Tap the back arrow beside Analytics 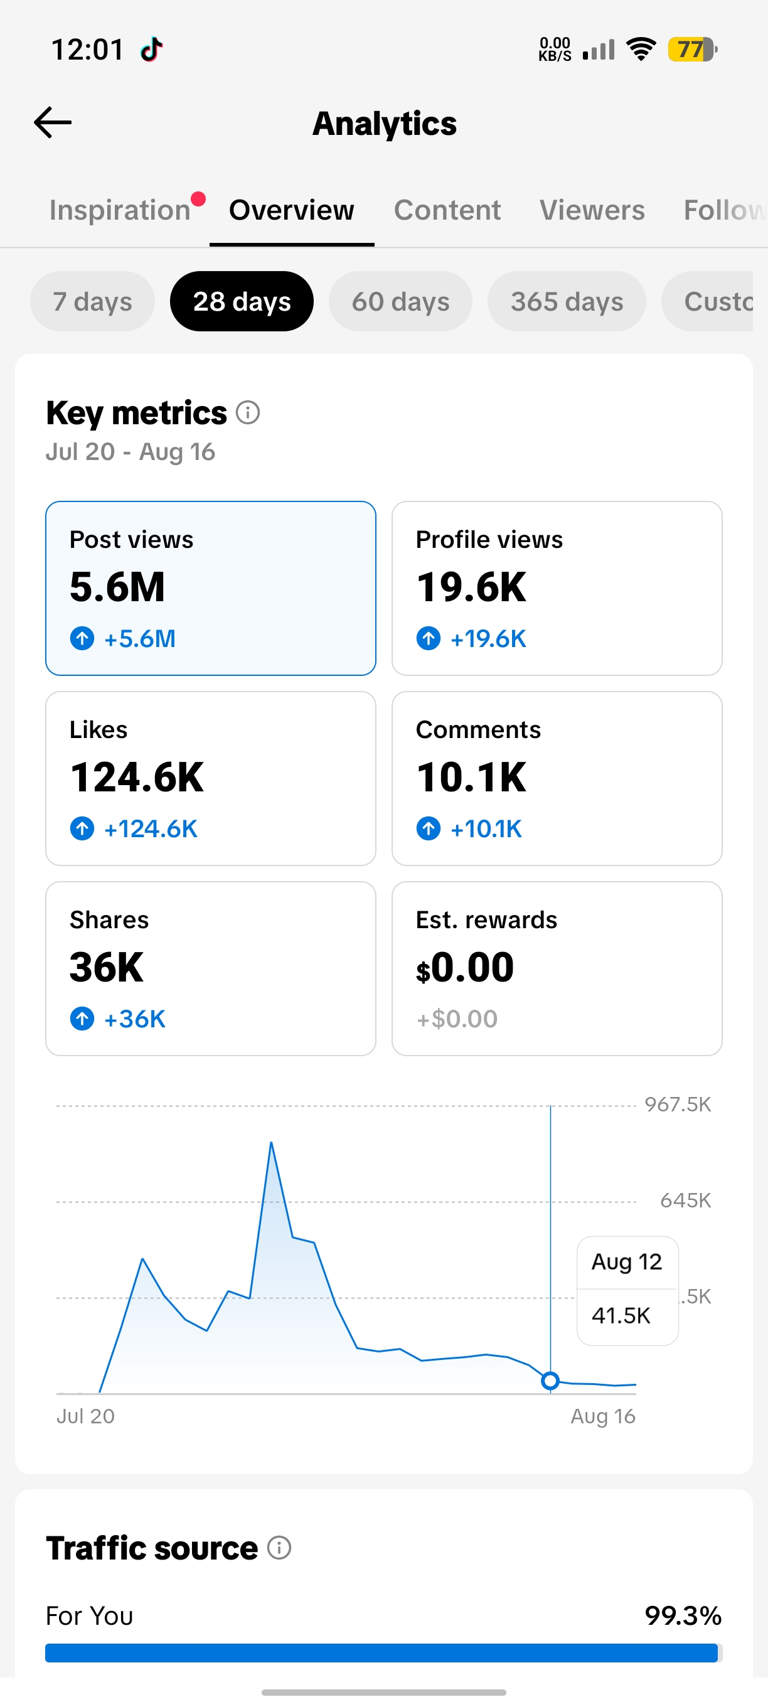pyautogui.click(x=52, y=122)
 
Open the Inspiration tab pyautogui.click(x=120, y=210)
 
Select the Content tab pyautogui.click(x=447, y=210)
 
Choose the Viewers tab pyautogui.click(x=592, y=210)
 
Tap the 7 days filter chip pyautogui.click(x=93, y=301)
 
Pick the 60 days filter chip pyautogui.click(x=400, y=301)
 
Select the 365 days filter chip pyautogui.click(x=567, y=301)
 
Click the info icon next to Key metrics pyautogui.click(x=248, y=413)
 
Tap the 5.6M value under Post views pyautogui.click(x=117, y=587)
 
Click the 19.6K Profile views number pyautogui.click(x=471, y=587)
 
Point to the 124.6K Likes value pyautogui.click(x=137, y=778)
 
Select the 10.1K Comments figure pyautogui.click(x=471, y=778)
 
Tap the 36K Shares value pyautogui.click(x=107, y=968)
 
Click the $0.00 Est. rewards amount pyautogui.click(x=465, y=968)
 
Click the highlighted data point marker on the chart pyautogui.click(x=550, y=1381)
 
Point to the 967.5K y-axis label pyautogui.click(x=678, y=1105)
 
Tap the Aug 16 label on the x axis pyautogui.click(x=603, y=1416)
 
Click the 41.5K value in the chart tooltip pyautogui.click(x=621, y=1315)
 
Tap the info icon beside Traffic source pyautogui.click(x=279, y=1548)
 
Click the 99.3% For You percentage pyautogui.click(x=683, y=1615)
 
